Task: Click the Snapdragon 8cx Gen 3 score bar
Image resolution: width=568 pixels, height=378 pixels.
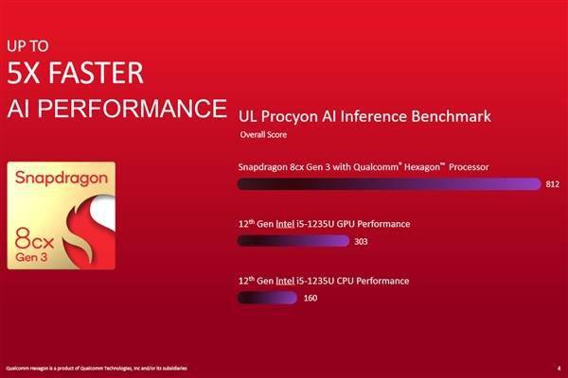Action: point(389,184)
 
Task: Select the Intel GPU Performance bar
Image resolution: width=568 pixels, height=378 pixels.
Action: point(293,241)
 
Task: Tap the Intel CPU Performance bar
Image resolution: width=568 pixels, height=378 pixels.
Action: point(266,298)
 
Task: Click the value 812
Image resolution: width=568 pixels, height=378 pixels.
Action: point(553,185)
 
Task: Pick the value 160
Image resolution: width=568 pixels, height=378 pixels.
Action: point(311,299)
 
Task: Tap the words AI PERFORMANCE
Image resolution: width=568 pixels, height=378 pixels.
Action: point(115,106)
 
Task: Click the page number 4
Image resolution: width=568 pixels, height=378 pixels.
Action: point(558,367)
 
